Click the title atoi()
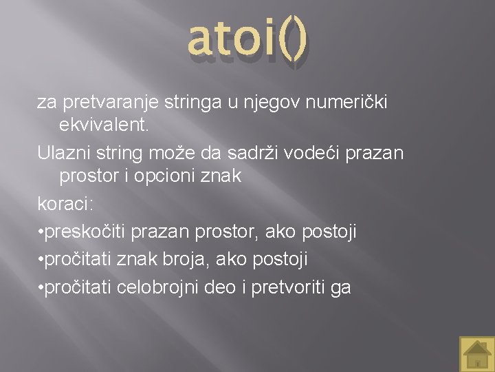coord(247,39)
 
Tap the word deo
coord(221,287)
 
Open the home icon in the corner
coord(476,353)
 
